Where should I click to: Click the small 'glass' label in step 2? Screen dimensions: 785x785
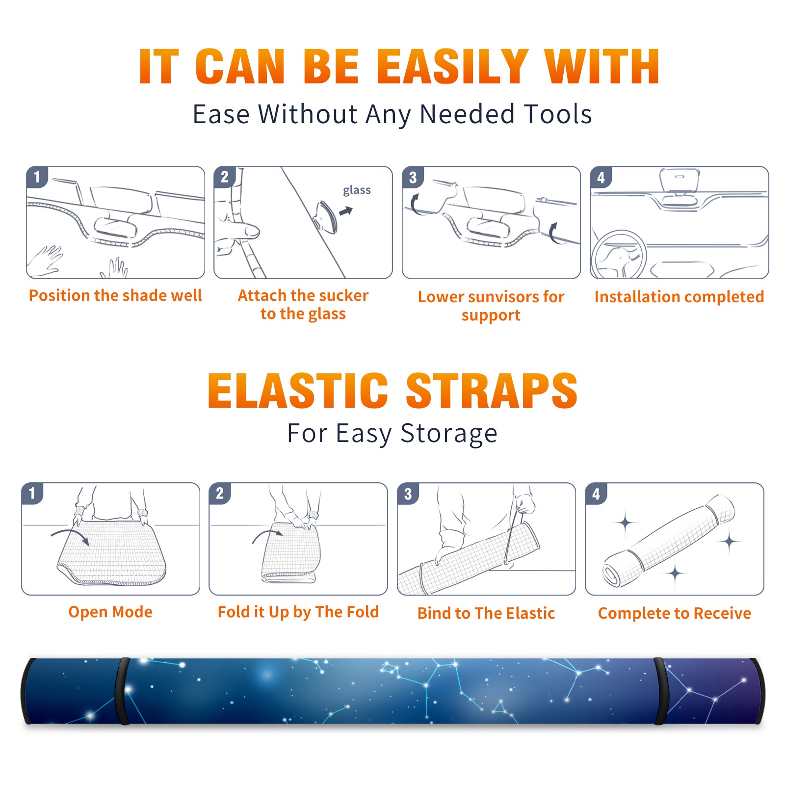click(x=357, y=190)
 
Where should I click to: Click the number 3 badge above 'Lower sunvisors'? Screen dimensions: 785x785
click(x=413, y=177)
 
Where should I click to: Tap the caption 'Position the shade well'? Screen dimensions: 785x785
click(x=115, y=295)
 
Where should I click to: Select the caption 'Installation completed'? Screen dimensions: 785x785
click(x=679, y=297)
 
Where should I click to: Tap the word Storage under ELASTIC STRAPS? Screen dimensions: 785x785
click(x=449, y=434)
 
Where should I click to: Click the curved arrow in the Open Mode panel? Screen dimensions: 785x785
click(x=70, y=535)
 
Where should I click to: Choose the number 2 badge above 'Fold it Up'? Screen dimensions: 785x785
click(x=220, y=493)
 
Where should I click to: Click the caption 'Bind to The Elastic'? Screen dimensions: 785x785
click(x=486, y=613)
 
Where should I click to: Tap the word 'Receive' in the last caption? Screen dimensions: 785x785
click(x=722, y=613)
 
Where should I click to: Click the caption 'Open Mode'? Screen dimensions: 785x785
click(x=110, y=612)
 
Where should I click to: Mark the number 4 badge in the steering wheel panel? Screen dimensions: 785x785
click(x=601, y=177)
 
